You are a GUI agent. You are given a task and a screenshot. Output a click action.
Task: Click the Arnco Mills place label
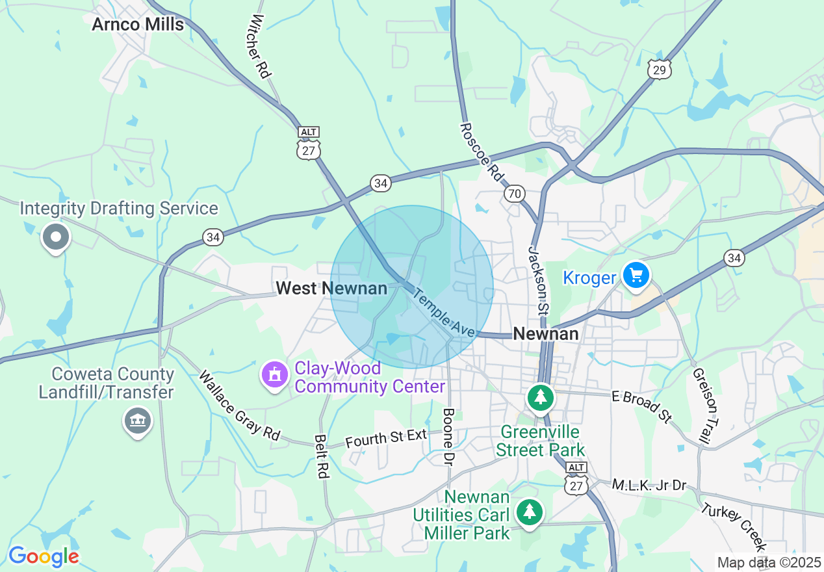[138, 25]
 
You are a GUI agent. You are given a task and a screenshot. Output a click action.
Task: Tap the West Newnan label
[331, 288]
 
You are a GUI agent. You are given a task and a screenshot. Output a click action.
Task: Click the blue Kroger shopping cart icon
[636, 276]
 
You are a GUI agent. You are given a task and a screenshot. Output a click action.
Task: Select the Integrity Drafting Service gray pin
[56, 238]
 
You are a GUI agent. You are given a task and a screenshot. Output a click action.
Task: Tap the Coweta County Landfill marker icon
[138, 421]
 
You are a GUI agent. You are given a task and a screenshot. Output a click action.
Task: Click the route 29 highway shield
[659, 70]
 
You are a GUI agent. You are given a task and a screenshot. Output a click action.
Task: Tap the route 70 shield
[514, 194]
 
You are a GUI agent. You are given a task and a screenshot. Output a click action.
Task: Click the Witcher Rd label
[259, 46]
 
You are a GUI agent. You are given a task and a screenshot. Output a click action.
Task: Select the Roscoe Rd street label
[482, 151]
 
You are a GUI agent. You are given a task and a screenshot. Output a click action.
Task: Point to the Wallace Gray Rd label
[238, 406]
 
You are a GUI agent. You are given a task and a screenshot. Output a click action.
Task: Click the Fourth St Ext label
[386, 437]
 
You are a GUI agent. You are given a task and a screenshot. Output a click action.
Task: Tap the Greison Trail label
[701, 406]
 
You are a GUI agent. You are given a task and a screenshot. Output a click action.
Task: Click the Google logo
[44, 556]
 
